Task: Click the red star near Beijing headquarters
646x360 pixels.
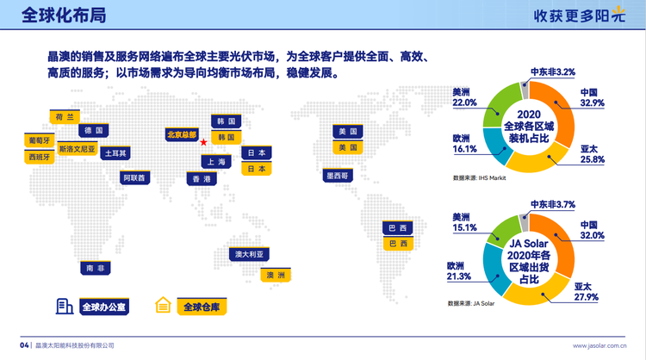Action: (x=203, y=142)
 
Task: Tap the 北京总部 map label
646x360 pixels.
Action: (x=182, y=134)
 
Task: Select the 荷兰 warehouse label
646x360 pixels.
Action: (x=65, y=117)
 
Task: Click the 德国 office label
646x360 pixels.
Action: (x=94, y=131)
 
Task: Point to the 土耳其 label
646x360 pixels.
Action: (x=115, y=153)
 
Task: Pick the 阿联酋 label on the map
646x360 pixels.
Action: (x=134, y=178)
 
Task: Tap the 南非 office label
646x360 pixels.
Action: (x=96, y=268)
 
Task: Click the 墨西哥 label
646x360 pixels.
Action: (x=338, y=176)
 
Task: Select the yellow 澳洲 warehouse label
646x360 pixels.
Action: (x=276, y=275)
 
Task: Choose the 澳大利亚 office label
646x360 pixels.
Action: (x=249, y=254)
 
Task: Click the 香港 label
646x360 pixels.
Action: (x=202, y=179)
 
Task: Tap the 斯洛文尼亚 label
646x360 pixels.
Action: (x=77, y=149)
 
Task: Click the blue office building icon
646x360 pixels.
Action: (x=65, y=307)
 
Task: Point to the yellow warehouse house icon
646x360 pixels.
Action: (x=163, y=305)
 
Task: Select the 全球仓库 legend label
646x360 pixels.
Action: (x=202, y=307)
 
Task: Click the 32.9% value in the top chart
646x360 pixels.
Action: (x=592, y=103)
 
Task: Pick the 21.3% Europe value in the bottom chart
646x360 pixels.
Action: (x=458, y=276)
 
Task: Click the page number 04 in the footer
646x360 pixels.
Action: (x=24, y=345)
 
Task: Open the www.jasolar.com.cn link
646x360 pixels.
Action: (x=599, y=345)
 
